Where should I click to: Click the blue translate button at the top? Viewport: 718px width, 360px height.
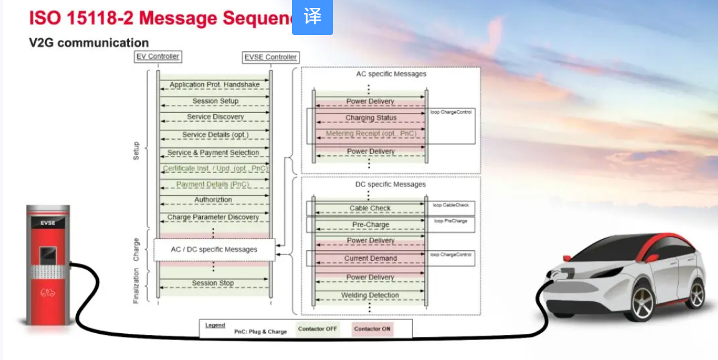point(313,17)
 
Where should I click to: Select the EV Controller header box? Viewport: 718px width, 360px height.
point(158,57)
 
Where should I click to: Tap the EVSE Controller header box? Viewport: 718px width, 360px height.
point(271,57)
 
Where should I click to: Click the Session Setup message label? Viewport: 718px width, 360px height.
point(215,101)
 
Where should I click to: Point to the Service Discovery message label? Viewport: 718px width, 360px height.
point(215,117)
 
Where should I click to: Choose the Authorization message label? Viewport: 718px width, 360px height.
point(213,200)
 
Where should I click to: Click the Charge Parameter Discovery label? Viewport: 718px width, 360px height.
point(213,218)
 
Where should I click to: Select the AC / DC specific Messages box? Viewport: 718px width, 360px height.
point(214,250)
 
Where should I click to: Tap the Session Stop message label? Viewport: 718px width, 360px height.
point(213,283)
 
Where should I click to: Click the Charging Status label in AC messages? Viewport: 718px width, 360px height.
point(371,118)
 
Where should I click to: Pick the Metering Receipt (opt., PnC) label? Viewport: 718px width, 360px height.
point(371,134)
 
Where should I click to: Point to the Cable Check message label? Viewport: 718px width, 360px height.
point(371,208)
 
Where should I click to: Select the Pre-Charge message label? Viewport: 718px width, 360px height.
point(371,225)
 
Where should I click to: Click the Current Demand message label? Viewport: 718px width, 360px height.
point(371,258)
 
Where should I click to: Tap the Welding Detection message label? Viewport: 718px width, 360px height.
point(371,296)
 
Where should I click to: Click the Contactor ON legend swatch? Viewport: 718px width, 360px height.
point(372,329)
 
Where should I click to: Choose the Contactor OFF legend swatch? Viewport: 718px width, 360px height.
point(318,329)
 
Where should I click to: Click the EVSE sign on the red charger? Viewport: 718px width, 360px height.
point(48,222)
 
